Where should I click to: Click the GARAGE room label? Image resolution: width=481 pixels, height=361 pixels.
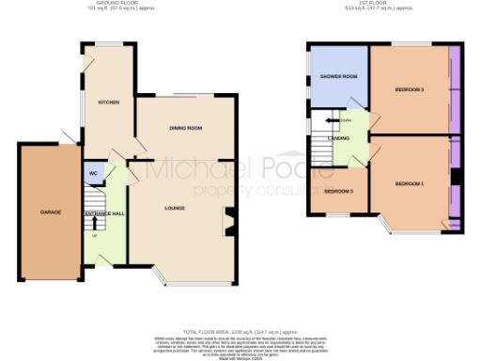pos(51,212)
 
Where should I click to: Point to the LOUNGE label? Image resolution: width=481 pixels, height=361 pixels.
pos(174,208)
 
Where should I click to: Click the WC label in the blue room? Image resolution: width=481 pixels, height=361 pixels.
pos(95,174)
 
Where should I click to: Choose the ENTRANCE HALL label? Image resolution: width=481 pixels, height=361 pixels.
pos(104,215)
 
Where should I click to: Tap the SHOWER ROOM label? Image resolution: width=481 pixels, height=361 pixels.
pos(338,76)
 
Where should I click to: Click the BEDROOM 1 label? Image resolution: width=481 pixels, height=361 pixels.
pos(410,182)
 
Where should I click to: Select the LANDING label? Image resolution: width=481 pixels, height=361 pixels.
pos(339,139)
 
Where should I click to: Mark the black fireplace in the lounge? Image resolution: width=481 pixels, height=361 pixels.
pos(229,223)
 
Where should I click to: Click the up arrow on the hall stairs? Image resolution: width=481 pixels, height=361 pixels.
pos(95,234)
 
